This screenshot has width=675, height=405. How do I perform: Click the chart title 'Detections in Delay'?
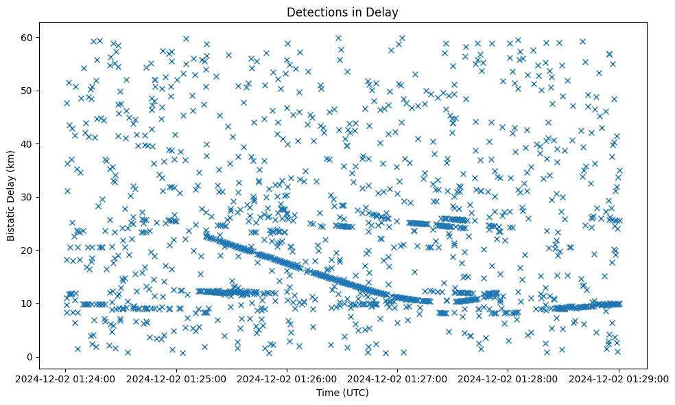[x=342, y=12]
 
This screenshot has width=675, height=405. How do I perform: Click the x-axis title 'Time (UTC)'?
[x=342, y=393]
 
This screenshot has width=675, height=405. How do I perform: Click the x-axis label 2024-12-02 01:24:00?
[x=66, y=378]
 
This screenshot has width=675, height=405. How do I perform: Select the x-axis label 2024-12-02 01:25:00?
[x=176, y=378]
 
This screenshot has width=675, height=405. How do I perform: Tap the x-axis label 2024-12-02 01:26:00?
[x=287, y=378]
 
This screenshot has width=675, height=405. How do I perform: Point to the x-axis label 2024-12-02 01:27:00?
[x=397, y=378]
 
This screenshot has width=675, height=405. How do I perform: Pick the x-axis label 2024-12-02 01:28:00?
[x=508, y=378]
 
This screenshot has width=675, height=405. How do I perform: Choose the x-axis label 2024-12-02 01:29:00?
[x=618, y=378]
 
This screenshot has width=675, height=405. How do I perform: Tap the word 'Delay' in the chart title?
[x=384, y=12]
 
